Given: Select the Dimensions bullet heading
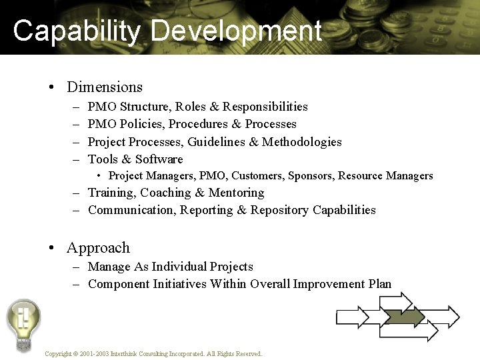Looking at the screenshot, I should point(105,87).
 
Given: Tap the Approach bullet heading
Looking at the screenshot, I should point(98,247).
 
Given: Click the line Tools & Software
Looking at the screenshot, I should point(135,159).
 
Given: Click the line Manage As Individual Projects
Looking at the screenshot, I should point(170,267).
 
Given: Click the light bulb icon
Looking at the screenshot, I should point(23,324).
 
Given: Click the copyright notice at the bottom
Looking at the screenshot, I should point(153,354).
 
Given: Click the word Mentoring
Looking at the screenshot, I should point(238,193).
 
